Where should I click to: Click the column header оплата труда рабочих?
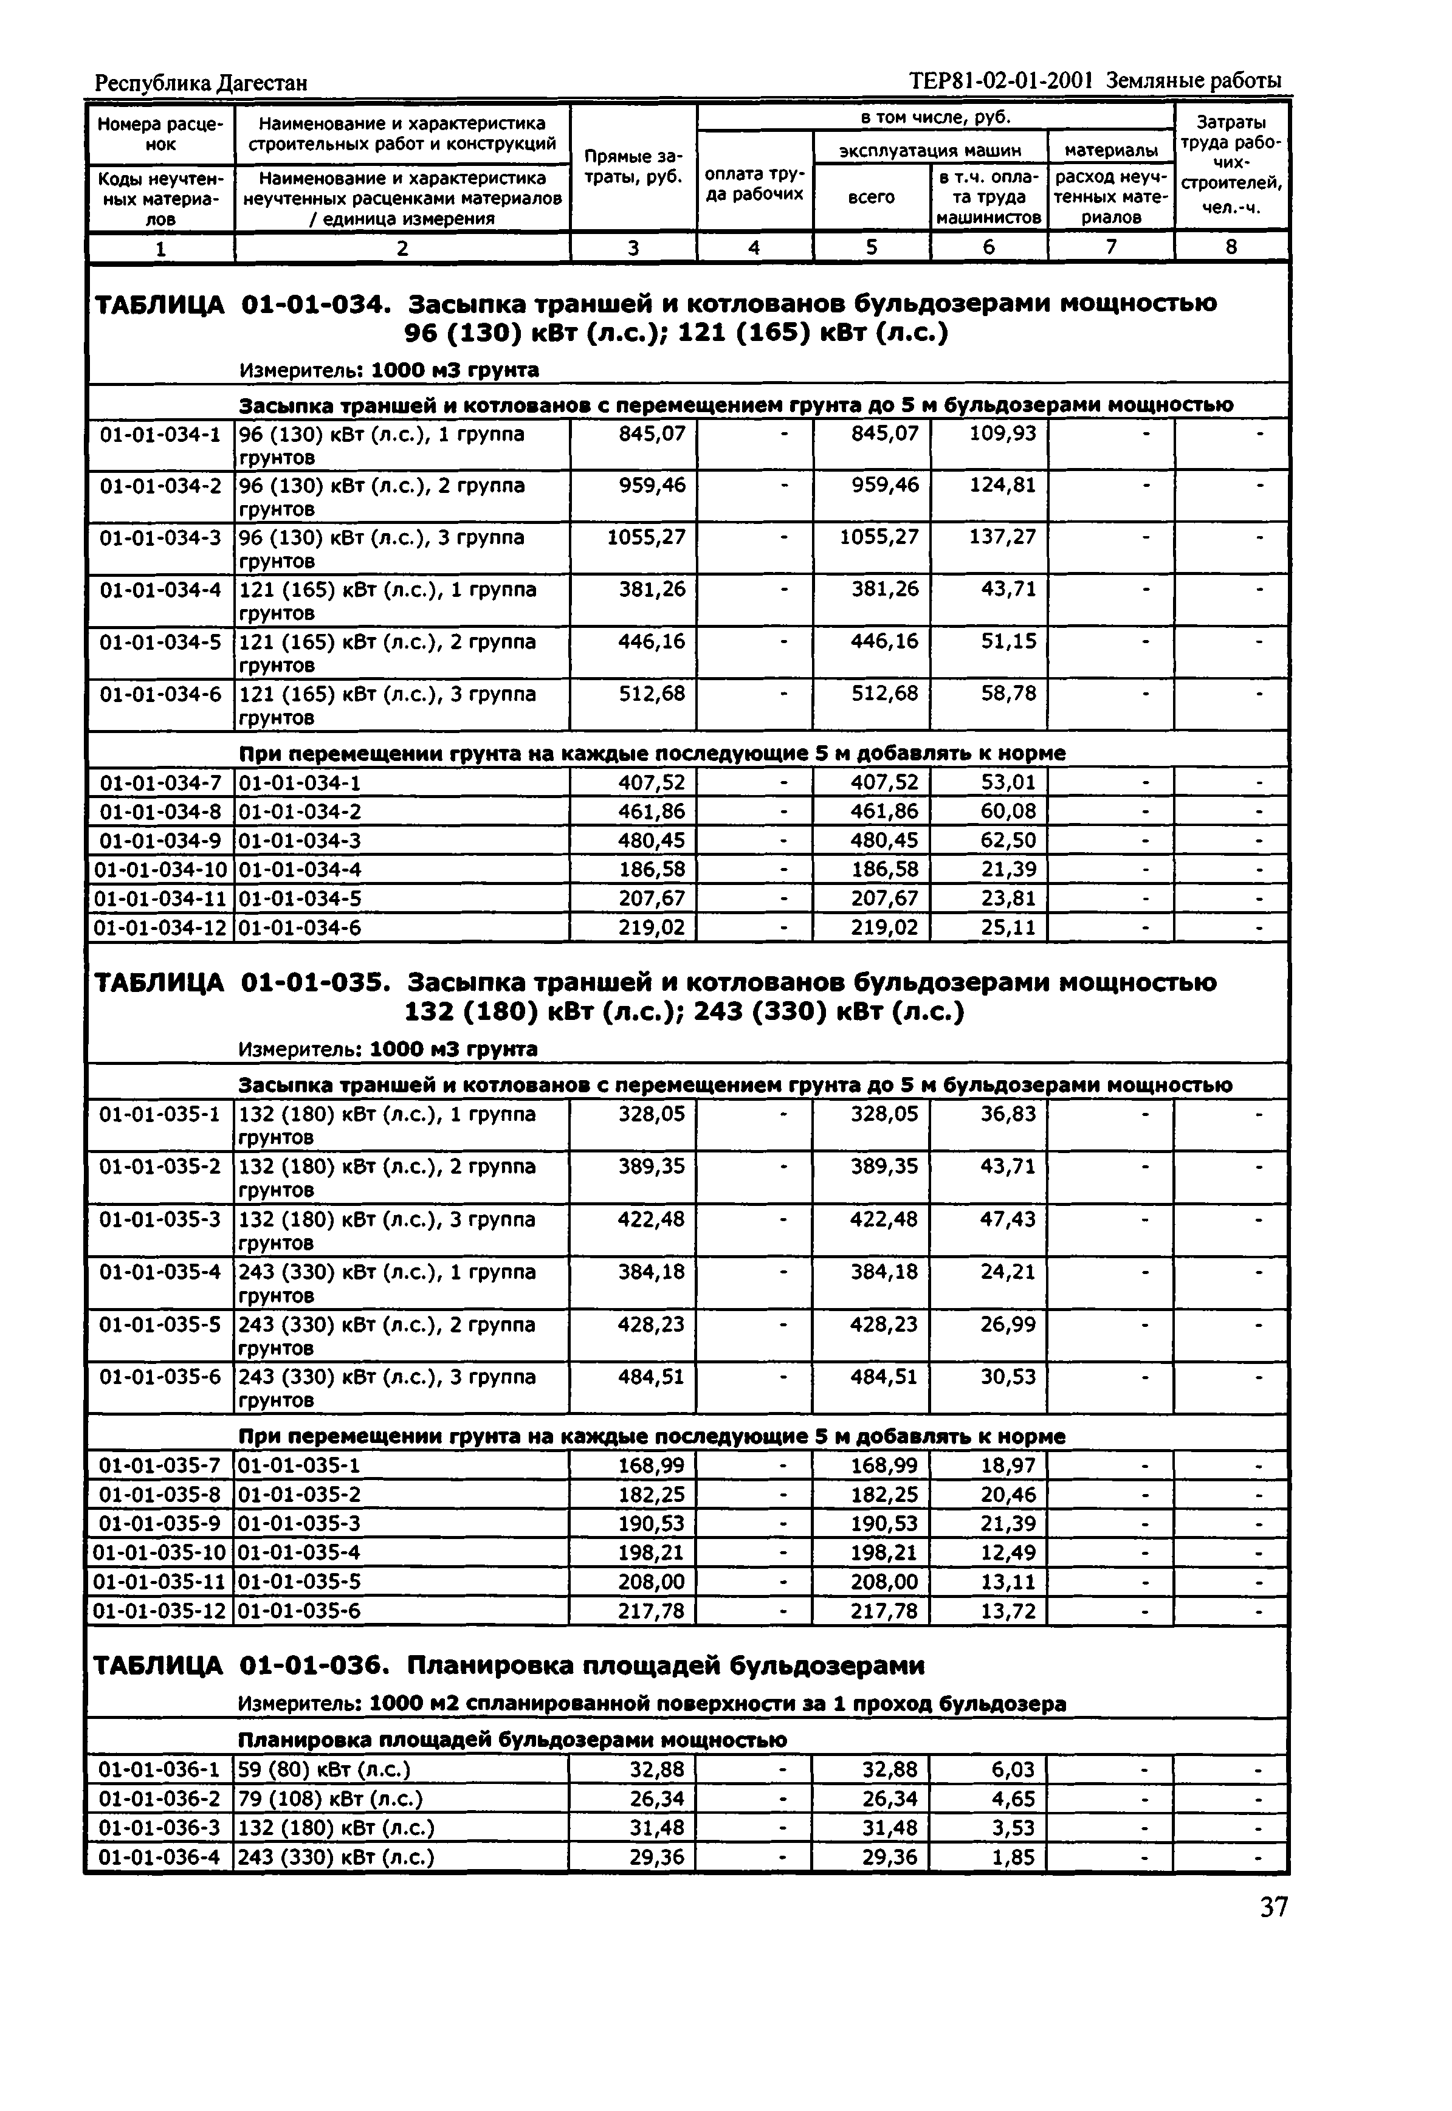[x=754, y=183]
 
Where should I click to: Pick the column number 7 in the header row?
[x=1111, y=247]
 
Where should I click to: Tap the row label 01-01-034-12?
[x=160, y=928]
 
